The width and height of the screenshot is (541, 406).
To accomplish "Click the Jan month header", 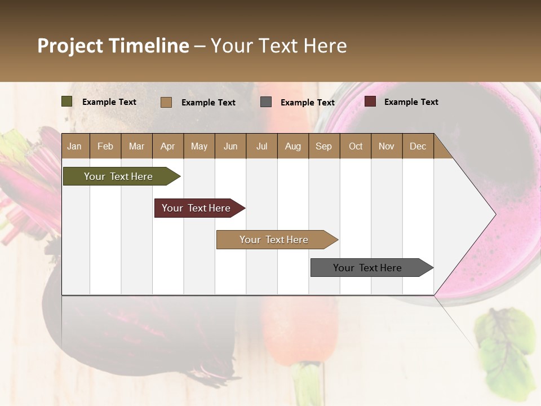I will [x=74, y=146].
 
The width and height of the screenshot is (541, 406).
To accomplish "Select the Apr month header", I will [x=167, y=146].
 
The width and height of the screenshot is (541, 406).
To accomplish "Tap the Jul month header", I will [x=261, y=146].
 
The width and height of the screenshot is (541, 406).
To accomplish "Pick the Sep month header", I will [x=323, y=146].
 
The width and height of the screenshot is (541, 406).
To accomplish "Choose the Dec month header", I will [x=418, y=146].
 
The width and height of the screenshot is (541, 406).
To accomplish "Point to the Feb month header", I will [x=105, y=146].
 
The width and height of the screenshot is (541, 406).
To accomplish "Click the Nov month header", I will [x=386, y=146].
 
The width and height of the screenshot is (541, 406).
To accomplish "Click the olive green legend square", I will [x=67, y=101].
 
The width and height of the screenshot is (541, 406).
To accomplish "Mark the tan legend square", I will [x=166, y=102].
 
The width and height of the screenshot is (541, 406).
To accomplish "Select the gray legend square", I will [x=266, y=102].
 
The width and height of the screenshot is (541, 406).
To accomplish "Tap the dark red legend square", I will [x=370, y=101].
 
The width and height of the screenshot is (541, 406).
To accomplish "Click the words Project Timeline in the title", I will [x=113, y=46].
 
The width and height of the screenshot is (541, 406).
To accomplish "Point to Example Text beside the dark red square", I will [x=411, y=102].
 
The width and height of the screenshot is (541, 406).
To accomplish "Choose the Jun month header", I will [x=230, y=146].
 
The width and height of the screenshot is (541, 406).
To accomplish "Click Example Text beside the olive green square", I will [x=109, y=102].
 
